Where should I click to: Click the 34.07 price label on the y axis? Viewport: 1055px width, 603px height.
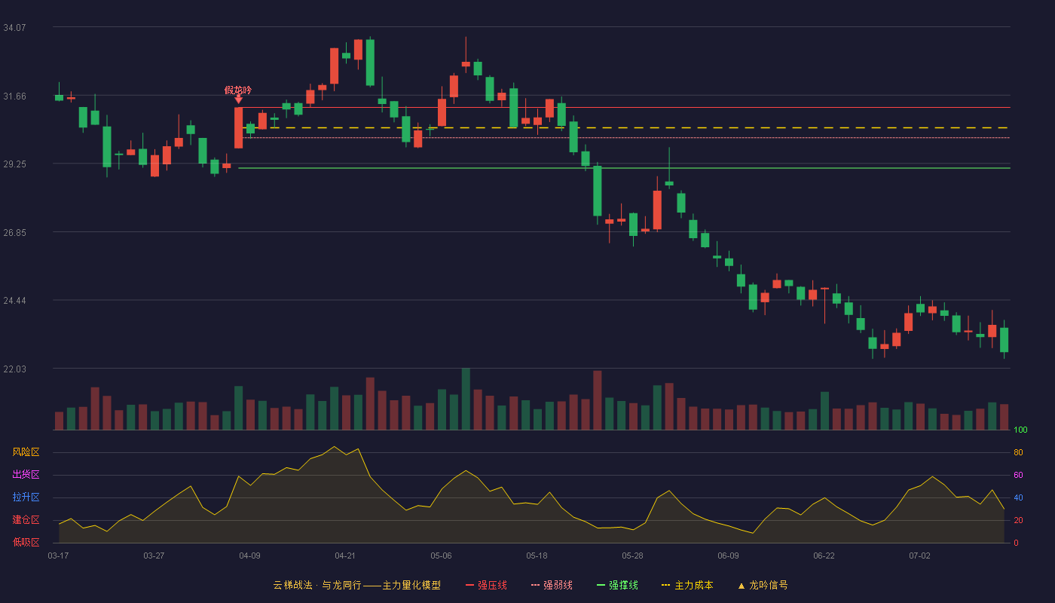14,28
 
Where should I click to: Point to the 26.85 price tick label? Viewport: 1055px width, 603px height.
14,233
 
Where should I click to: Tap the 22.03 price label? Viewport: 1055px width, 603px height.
14,369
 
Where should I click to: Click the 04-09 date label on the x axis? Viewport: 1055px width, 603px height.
249,556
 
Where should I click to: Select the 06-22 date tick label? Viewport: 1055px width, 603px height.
824,556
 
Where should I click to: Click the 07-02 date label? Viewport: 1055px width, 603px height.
919,556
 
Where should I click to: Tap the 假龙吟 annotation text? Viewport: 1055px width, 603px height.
238,90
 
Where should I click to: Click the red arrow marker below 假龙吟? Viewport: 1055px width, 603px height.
239,99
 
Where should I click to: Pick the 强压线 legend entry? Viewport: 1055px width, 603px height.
486,585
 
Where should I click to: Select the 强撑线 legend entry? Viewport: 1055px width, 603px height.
617,585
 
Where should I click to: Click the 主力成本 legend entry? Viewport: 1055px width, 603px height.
687,585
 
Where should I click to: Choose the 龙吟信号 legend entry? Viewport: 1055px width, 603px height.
763,585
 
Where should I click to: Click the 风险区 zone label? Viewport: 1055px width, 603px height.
26,452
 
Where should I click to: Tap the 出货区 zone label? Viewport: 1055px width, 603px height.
26,474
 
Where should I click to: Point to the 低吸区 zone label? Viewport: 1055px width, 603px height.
26,542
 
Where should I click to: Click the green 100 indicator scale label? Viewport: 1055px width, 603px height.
1020,430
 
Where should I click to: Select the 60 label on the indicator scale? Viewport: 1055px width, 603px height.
1018,475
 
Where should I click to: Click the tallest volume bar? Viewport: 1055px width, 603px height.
466,399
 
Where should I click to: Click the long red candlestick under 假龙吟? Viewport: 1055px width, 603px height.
239,127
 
